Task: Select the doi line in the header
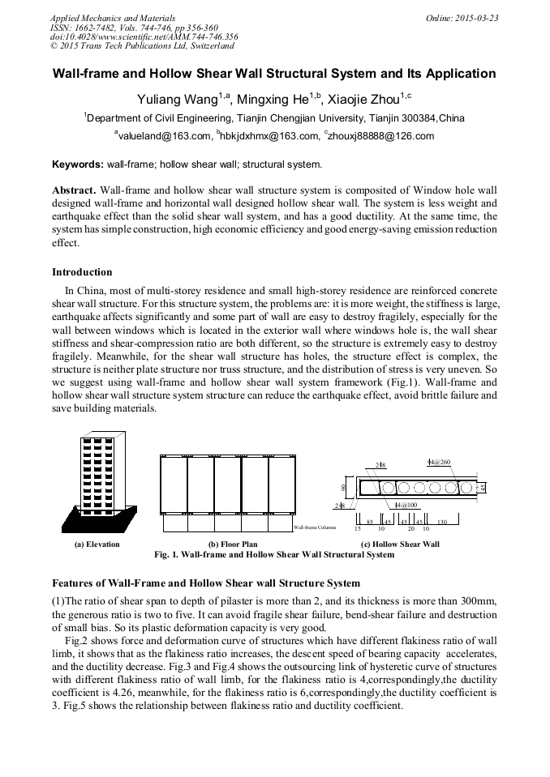pyautogui.click(x=144, y=36)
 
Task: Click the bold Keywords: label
pyautogui.click(x=78, y=164)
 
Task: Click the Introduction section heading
pyautogui.click(x=82, y=271)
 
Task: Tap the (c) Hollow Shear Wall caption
pyautogui.click(x=400, y=544)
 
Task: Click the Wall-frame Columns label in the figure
pyautogui.click(x=315, y=527)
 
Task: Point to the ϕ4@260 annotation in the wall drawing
pyautogui.click(x=438, y=461)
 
